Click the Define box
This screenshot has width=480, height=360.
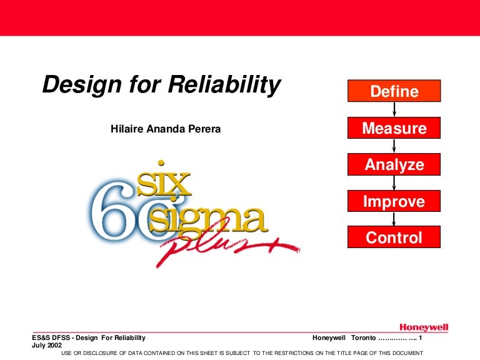(x=394, y=92)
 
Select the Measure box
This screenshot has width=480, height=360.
(x=394, y=129)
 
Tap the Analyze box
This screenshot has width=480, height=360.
(x=394, y=165)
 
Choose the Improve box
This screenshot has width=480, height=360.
(x=394, y=201)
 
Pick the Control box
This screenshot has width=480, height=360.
(x=394, y=237)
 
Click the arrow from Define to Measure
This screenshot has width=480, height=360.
(x=394, y=110)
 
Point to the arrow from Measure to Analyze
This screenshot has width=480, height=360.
(x=394, y=147)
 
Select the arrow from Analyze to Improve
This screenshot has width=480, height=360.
(x=394, y=183)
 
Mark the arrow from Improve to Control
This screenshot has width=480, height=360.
(x=394, y=219)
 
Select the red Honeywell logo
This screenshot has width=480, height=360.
(x=424, y=327)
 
